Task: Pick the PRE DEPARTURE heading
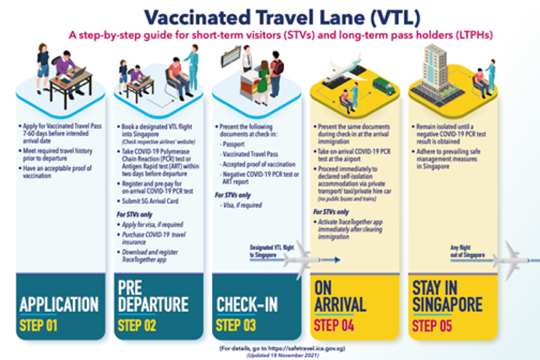point(151,294)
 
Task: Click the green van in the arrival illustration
point(383,86)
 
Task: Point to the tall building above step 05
point(438,68)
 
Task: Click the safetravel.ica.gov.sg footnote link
point(270,349)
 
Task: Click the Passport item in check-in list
point(236,144)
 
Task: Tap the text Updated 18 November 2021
point(270,355)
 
